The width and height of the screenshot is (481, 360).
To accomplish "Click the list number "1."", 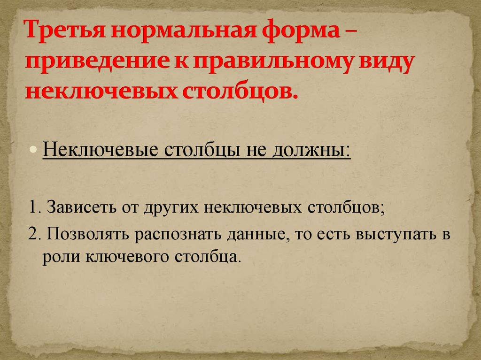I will [33, 208].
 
